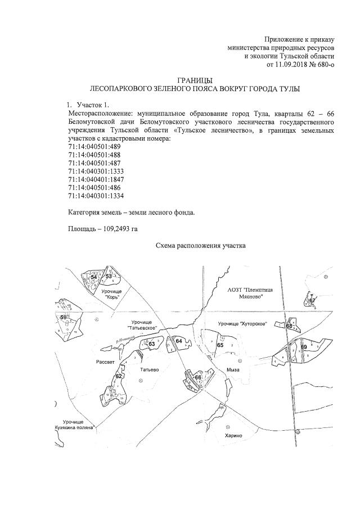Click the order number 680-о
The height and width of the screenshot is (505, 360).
pos(322,65)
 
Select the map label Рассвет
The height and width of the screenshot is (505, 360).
pos(107,362)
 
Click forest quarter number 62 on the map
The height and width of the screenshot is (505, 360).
pos(119,376)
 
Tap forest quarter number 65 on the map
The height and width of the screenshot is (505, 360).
pos(220,345)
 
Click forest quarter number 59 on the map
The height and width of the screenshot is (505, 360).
pos(63,318)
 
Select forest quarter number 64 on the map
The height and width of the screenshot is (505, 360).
pos(178,341)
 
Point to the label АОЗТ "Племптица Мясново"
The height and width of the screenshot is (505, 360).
pos(251,292)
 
